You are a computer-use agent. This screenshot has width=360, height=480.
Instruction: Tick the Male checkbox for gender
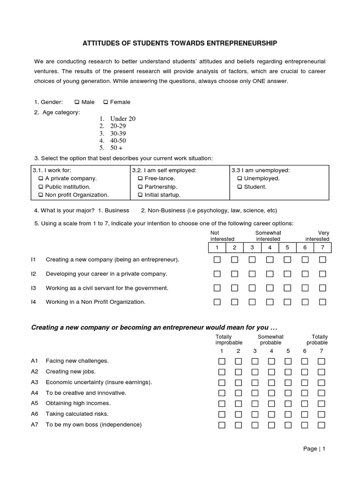click(77, 102)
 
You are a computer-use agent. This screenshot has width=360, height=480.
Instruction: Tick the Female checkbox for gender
click(105, 102)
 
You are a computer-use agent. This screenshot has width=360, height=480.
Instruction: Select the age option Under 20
click(122, 119)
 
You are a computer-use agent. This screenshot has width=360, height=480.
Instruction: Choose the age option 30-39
click(118, 134)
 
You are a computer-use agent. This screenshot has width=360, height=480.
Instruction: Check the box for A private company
click(41, 179)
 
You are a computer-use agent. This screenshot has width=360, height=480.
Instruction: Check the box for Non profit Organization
click(41, 195)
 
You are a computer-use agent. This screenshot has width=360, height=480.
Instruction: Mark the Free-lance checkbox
click(141, 179)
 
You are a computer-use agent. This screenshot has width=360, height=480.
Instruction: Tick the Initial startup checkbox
click(141, 195)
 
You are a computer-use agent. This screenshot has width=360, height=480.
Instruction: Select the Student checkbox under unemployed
click(240, 187)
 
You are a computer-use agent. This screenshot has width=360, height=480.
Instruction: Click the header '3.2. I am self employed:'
click(164, 170)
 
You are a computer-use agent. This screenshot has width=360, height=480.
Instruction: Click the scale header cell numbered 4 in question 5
click(270, 247)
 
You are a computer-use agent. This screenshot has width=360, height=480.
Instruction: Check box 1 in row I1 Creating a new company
click(217, 260)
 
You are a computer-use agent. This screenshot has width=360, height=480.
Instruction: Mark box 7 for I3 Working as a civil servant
click(322, 288)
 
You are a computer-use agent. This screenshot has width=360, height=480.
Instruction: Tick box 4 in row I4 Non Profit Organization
click(270, 302)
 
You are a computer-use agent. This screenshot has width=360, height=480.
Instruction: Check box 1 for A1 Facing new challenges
click(222, 361)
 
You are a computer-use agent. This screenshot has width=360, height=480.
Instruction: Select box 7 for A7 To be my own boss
click(321, 425)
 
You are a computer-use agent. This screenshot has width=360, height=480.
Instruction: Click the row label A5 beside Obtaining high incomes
click(34, 403)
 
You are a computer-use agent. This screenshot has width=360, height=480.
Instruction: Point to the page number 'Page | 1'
click(314, 449)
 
